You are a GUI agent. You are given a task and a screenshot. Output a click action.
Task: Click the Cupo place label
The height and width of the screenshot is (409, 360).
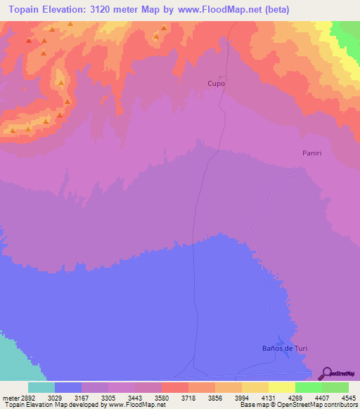[216, 83]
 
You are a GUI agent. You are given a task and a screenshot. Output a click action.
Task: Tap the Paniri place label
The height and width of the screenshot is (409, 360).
[311, 152]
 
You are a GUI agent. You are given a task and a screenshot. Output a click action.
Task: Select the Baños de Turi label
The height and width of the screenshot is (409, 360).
[281, 349]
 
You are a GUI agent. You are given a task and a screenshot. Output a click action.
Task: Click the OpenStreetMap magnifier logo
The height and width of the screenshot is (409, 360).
[326, 372]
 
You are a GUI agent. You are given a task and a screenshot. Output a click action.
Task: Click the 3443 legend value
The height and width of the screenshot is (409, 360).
[135, 397]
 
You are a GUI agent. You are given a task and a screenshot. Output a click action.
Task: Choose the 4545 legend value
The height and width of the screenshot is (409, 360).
[348, 397]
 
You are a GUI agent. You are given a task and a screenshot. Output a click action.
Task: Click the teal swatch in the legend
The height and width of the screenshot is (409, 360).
[41, 387]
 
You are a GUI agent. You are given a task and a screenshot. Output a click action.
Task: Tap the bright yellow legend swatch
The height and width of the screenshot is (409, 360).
[282, 387]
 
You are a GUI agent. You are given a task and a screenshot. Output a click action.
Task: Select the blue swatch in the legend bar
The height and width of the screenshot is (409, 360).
[68, 387]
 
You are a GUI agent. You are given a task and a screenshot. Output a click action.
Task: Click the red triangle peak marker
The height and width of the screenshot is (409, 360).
[29, 40]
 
